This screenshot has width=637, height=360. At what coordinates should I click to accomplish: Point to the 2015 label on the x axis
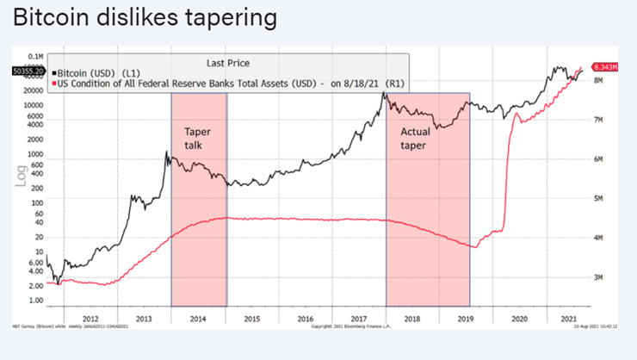(251, 319)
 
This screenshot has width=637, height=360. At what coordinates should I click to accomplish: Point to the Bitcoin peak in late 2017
(385, 91)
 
